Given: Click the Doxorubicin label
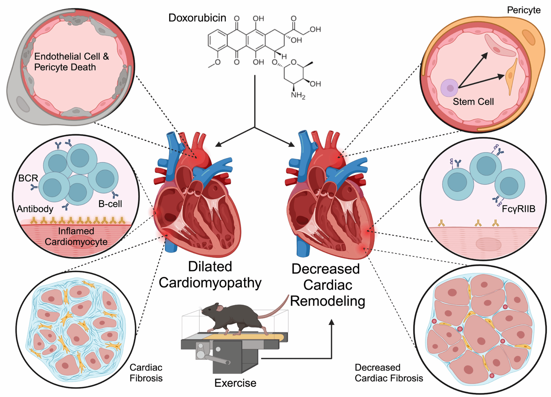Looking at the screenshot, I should (x=197, y=18).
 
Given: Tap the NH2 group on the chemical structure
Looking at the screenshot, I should (x=298, y=95).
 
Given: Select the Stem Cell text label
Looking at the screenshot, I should (x=473, y=102).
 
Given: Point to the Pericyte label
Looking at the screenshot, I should (x=524, y=10).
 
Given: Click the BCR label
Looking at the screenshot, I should (x=28, y=178).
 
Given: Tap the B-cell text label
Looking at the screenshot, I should (x=110, y=204).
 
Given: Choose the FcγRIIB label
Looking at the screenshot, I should (x=518, y=209).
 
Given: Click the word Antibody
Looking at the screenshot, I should (x=35, y=209).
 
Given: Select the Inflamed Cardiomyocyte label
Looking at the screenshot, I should (x=76, y=236).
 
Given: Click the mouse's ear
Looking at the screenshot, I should (x=220, y=308).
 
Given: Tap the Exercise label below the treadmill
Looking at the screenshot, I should (x=235, y=383).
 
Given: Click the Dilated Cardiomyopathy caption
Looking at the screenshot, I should (x=210, y=275).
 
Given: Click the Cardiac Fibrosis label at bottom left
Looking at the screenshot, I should (x=146, y=373).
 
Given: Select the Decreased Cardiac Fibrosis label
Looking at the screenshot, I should (x=388, y=373).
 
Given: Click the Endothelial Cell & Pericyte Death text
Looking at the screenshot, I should (x=72, y=62).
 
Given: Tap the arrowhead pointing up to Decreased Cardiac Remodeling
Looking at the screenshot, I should (x=331, y=322).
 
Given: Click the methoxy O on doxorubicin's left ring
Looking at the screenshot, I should (x=218, y=62).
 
